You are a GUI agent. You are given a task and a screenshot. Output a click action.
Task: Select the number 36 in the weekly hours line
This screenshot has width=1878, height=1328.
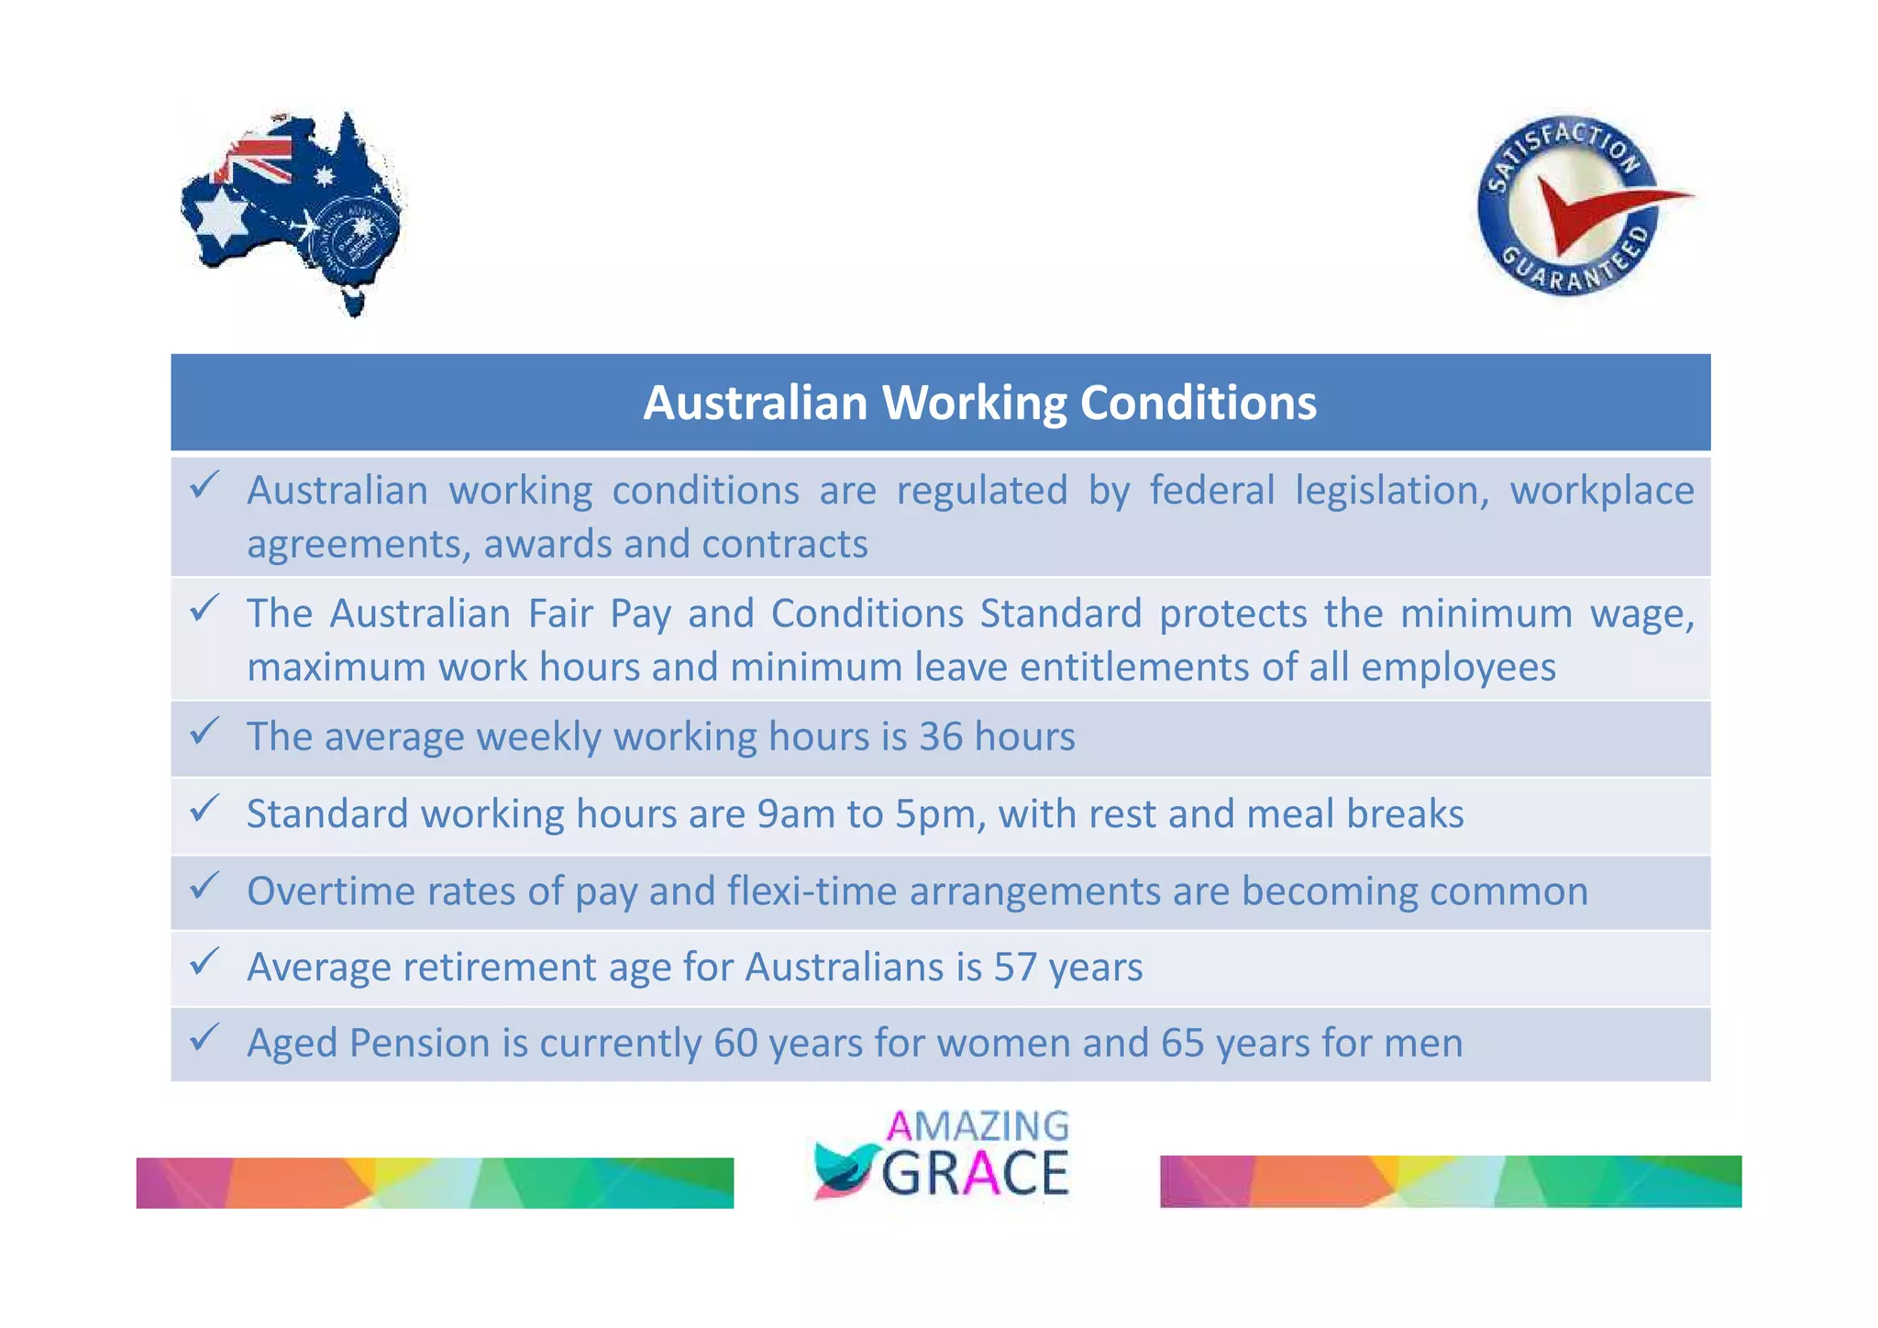[x=941, y=736]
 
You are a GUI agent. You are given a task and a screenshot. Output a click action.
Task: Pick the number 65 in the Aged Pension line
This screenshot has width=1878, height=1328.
[x=1182, y=1044]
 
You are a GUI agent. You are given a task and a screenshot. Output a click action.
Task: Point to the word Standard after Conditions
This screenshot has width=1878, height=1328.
[x=1060, y=614]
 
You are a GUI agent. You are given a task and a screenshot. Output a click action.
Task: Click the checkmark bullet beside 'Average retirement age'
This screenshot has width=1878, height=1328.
[x=204, y=962]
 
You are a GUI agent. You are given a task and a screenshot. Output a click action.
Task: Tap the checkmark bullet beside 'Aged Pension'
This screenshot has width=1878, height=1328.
[x=204, y=1038]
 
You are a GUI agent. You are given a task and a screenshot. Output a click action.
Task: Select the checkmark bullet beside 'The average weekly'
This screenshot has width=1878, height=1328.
[x=204, y=732]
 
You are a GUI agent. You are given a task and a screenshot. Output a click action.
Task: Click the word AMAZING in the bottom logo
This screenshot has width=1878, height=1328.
[x=978, y=1126]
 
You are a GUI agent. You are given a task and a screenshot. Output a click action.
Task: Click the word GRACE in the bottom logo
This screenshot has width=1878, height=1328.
[x=975, y=1173]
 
